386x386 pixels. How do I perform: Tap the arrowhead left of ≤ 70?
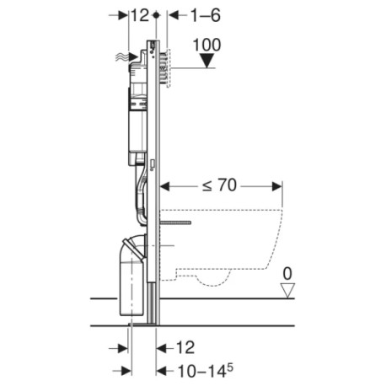tap(165, 185)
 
